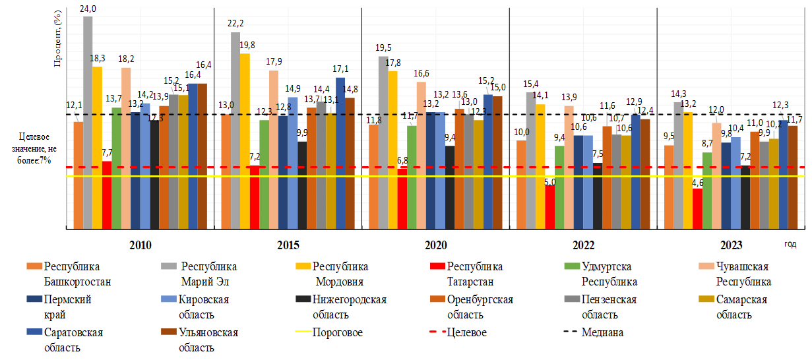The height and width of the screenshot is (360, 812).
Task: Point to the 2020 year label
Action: click(436, 245)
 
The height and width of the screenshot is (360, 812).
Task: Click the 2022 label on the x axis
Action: click(584, 245)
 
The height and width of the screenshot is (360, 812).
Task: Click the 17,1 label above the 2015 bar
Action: click(341, 69)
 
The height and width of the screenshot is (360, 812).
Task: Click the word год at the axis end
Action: click(790, 243)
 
